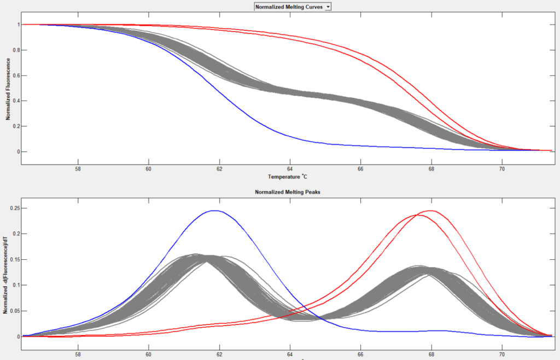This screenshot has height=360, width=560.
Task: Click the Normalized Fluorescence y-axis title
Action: [x=8, y=88]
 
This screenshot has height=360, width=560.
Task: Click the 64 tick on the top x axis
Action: [x=290, y=169]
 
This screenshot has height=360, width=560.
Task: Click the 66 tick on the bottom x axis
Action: [x=360, y=353]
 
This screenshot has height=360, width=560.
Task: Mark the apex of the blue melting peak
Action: [x=214, y=211]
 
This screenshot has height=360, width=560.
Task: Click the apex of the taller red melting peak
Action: [x=431, y=211]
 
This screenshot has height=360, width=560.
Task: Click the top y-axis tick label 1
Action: [x=18, y=25]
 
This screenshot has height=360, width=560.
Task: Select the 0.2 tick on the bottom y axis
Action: [x=15, y=234]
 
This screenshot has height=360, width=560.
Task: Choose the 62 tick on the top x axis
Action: [x=219, y=169]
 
